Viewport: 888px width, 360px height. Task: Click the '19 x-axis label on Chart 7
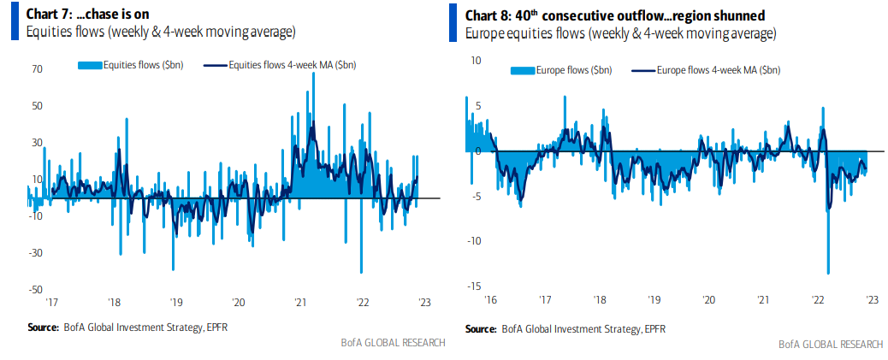(x=175, y=302)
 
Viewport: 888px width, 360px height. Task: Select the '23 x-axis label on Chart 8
(x=872, y=300)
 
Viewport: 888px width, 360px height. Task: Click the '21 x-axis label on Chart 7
(x=300, y=302)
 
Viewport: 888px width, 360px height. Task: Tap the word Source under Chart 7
(x=43, y=327)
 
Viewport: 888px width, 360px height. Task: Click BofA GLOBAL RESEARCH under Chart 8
(x=830, y=344)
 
